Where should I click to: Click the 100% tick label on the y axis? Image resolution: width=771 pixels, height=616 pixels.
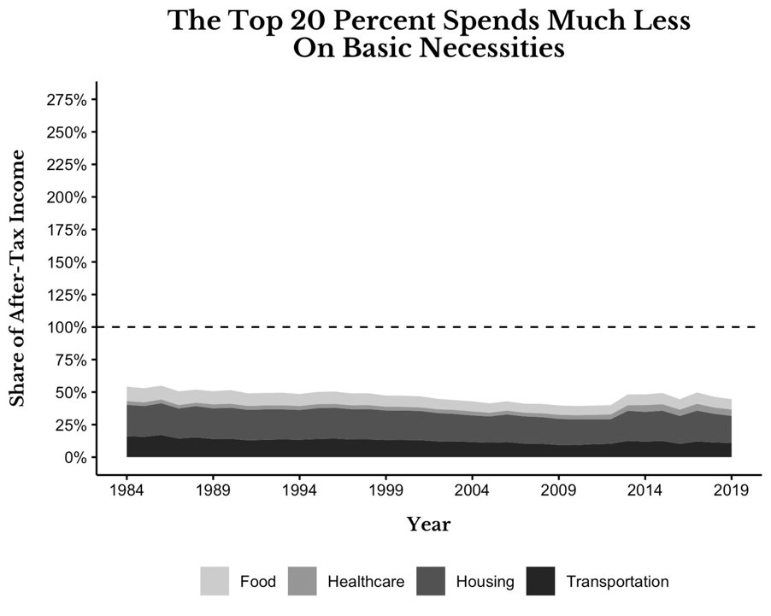(x=67, y=328)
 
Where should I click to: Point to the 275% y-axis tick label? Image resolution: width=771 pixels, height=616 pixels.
(x=67, y=100)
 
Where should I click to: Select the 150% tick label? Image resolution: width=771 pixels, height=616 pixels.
(x=67, y=263)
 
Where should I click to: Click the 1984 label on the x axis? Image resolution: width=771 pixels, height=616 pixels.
(x=127, y=490)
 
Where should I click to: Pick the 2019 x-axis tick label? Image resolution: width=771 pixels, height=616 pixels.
(x=731, y=490)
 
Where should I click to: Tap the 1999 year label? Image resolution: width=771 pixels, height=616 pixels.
(x=386, y=490)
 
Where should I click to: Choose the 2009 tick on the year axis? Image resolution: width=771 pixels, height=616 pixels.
(x=558, y=490)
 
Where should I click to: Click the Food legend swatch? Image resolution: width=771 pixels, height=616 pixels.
(x=215, y=582)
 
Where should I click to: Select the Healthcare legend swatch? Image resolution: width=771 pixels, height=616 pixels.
(x=302, y=582)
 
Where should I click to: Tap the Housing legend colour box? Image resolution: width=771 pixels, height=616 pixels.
(x=431, y=582)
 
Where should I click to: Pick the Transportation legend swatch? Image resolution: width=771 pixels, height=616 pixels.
(x=540, y=582)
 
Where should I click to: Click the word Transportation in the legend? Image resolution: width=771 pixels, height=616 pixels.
(x=618, y=582)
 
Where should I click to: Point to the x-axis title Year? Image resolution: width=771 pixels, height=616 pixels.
(x=428, y=525)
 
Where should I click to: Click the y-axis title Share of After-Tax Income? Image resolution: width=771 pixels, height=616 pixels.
(x=17, y=279)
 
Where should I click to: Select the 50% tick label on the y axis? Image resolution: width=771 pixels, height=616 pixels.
(x=70, y=393)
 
